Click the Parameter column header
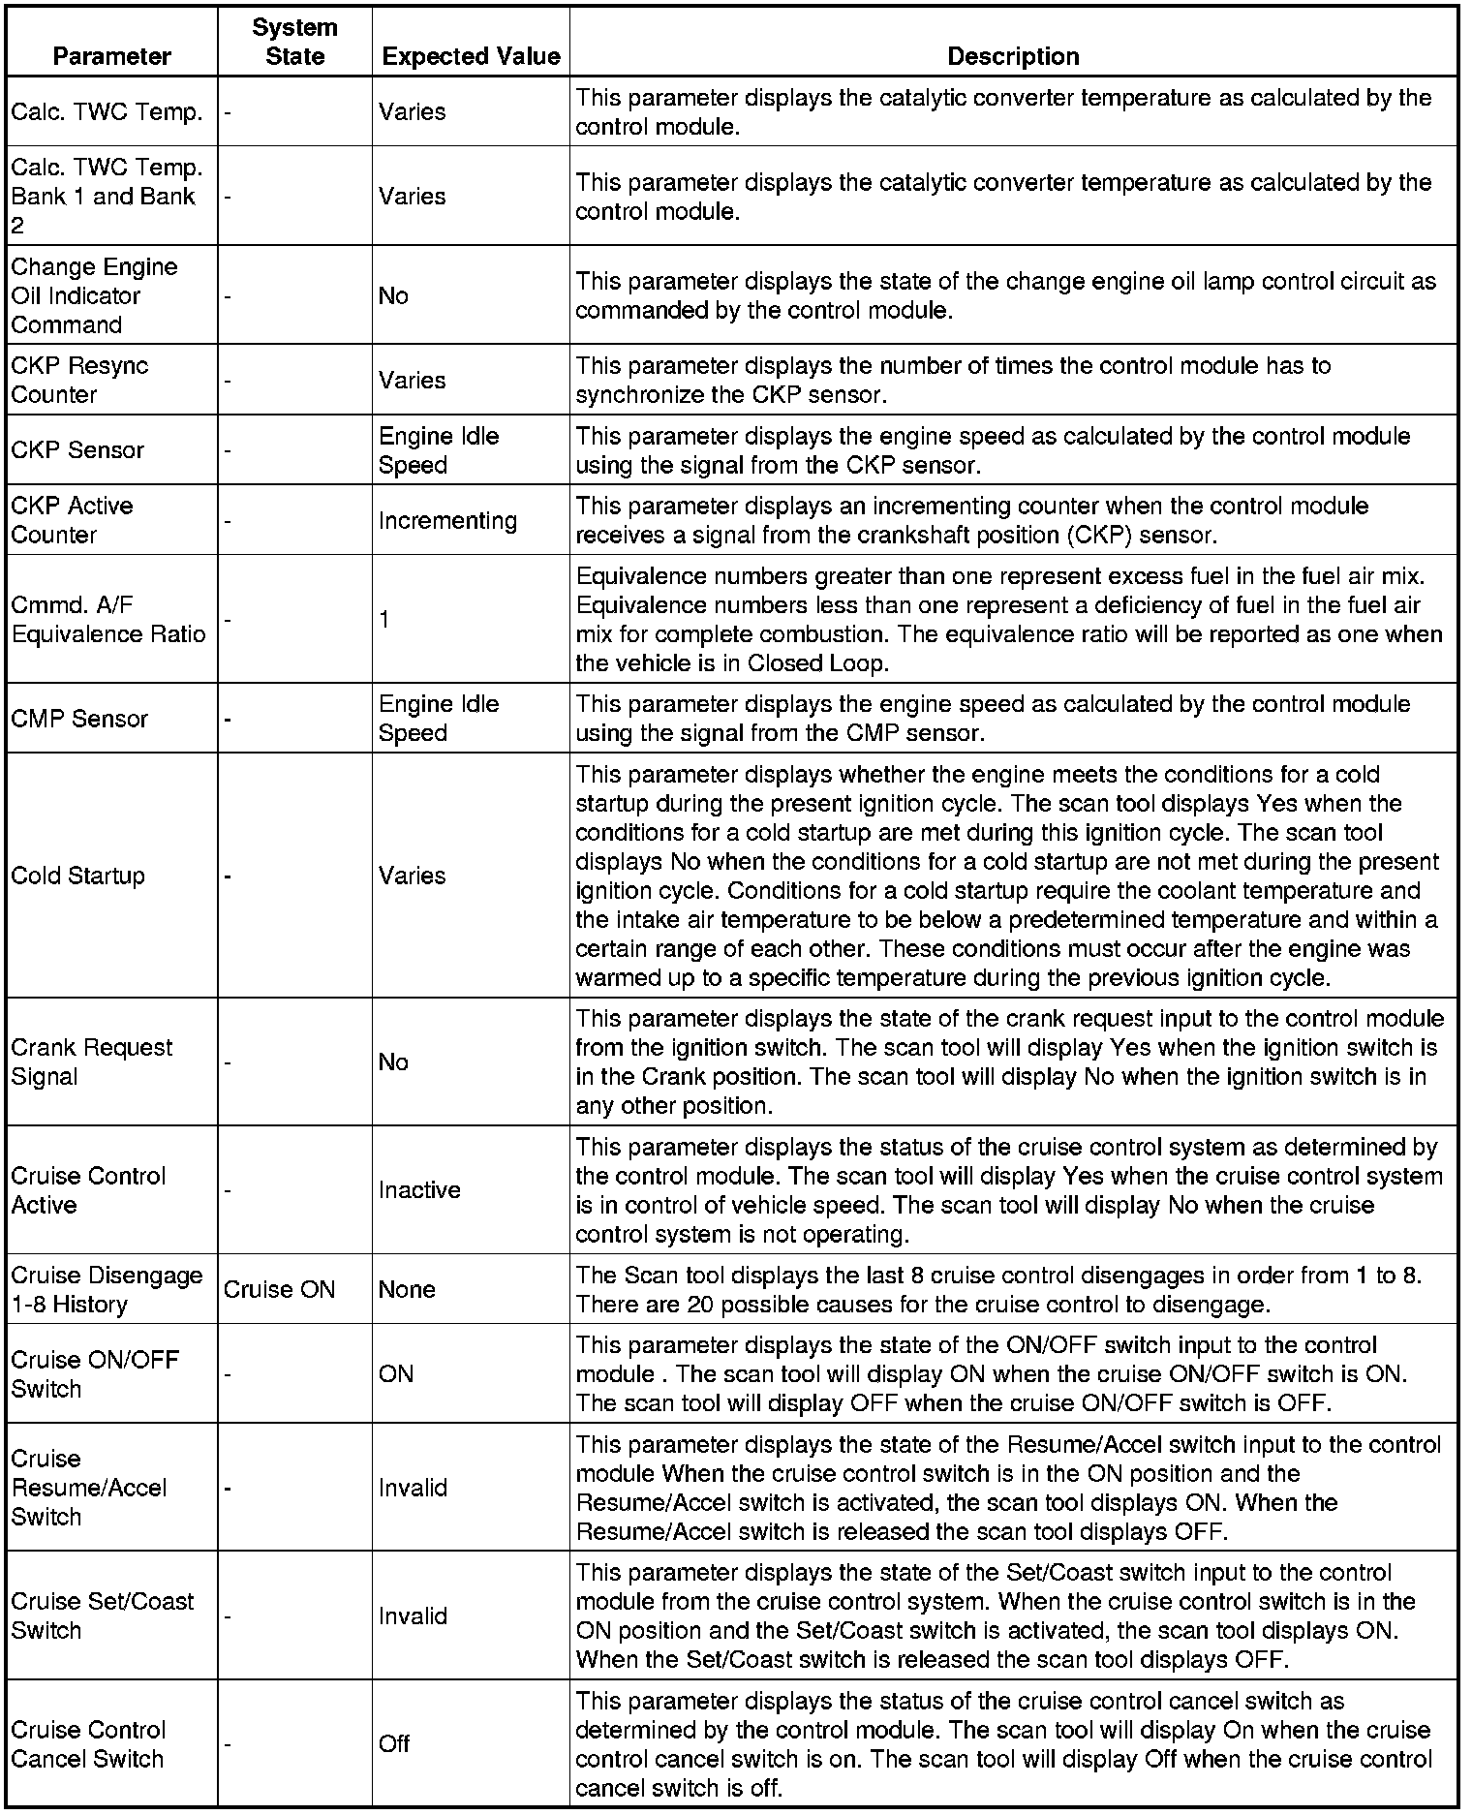[x=111, y=56]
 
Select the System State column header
[x=294, y=42]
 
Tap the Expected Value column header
[x=471, y=56]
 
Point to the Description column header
[x=1013, y=56]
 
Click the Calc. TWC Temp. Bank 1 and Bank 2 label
[x=107, y=197]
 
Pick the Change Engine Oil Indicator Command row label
[x=94, y=295]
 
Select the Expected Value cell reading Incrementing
[x=447, y=520]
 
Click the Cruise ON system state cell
[x=279, y=1289]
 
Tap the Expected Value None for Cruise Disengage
[x=407, y=1289]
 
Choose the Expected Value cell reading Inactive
[x=419, y=1189]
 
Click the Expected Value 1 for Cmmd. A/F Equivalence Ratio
[x=384, y=620]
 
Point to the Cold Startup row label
[x=77, y=876]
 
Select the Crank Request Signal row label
[x=91, y=1061]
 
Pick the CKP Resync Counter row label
[x=79, y=380]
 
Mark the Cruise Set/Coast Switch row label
[x=103, y=1615]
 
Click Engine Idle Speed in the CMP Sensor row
[x=438, y=718]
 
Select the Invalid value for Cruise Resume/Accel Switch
[x=413, y=1488]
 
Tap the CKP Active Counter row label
[x=72, y=520]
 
